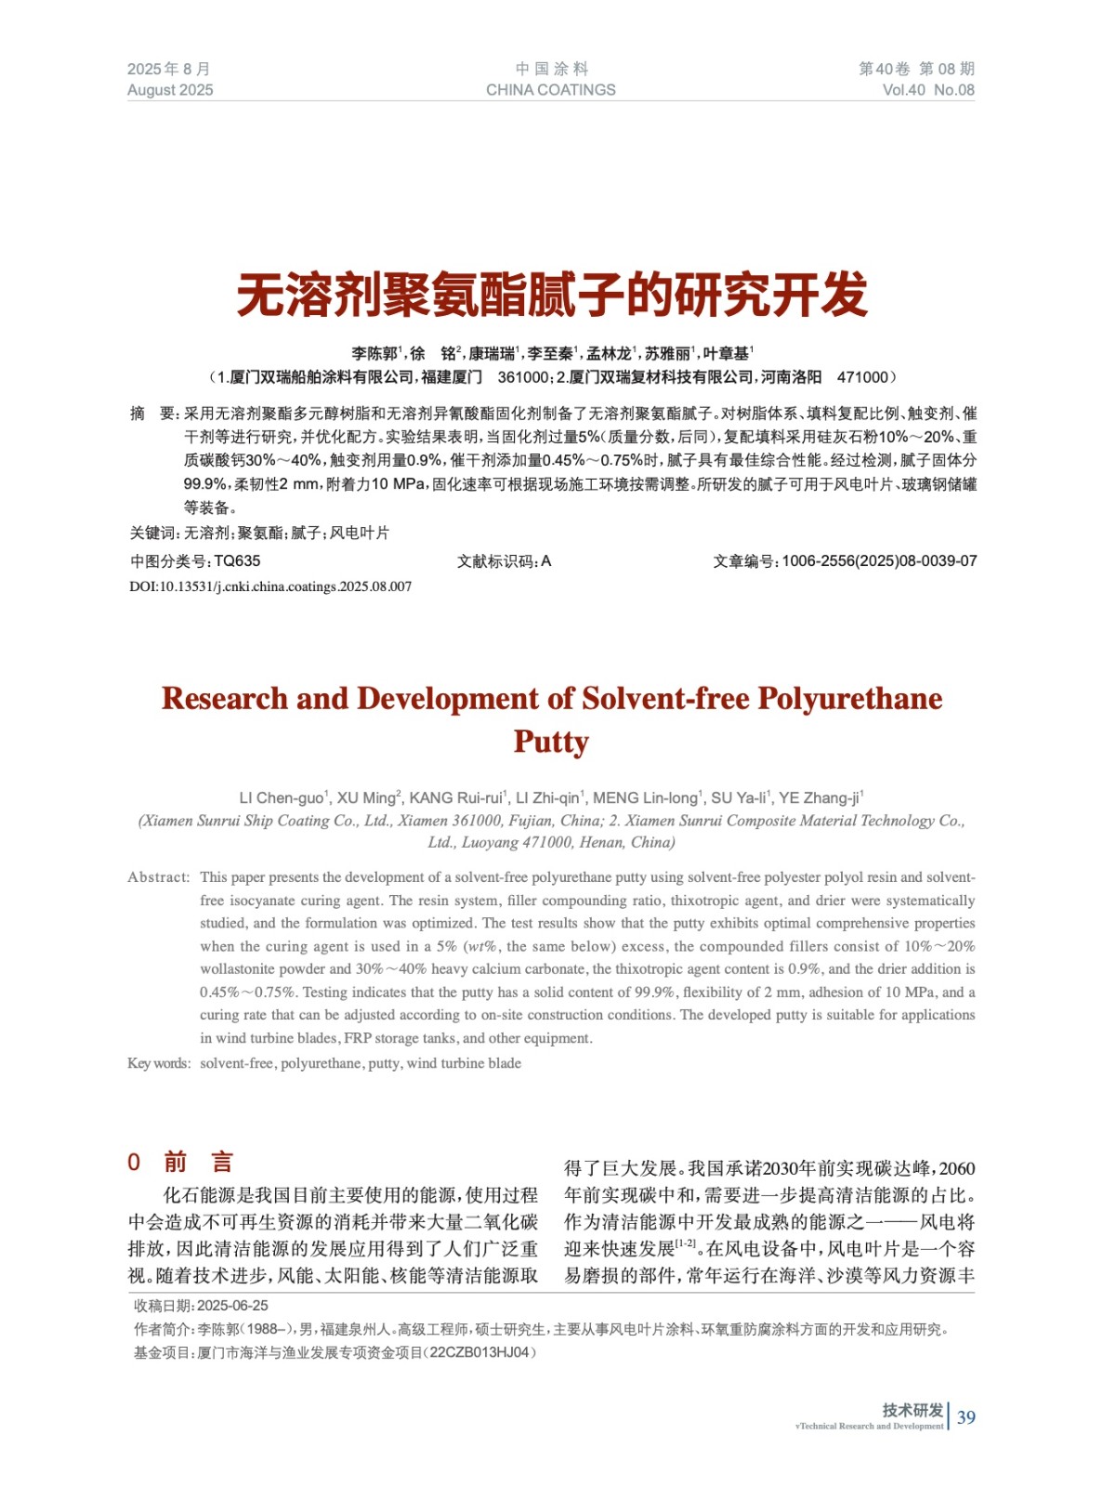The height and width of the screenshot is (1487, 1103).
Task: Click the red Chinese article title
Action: pos(551,296)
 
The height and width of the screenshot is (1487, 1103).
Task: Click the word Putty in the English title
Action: pos(551,742)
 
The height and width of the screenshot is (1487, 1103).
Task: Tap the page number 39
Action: pos(966,1417)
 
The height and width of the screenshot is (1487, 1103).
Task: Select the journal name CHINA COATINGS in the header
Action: pos(550,90)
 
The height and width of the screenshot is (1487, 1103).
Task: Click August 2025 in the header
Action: pos(170,90)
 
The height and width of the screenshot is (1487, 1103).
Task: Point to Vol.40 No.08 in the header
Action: pos(928,90)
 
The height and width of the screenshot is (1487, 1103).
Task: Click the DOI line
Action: pos(270,586)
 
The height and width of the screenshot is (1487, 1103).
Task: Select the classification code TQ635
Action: pos(237,561)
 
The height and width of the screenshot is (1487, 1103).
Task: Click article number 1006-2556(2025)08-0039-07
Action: pos(879,561)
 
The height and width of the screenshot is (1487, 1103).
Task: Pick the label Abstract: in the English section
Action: pos(158,877)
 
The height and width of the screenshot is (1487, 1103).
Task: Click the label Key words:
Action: pos(159,1063)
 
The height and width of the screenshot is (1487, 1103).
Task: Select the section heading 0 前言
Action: pos(180,1162)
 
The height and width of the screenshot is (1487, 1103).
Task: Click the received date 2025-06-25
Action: pos(232,1306)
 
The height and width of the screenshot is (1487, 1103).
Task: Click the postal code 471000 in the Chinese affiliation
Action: pos(862,377)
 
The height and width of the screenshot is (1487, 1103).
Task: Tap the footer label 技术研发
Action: pos(913,1410)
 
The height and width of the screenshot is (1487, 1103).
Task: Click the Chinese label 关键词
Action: pos(153,533)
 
